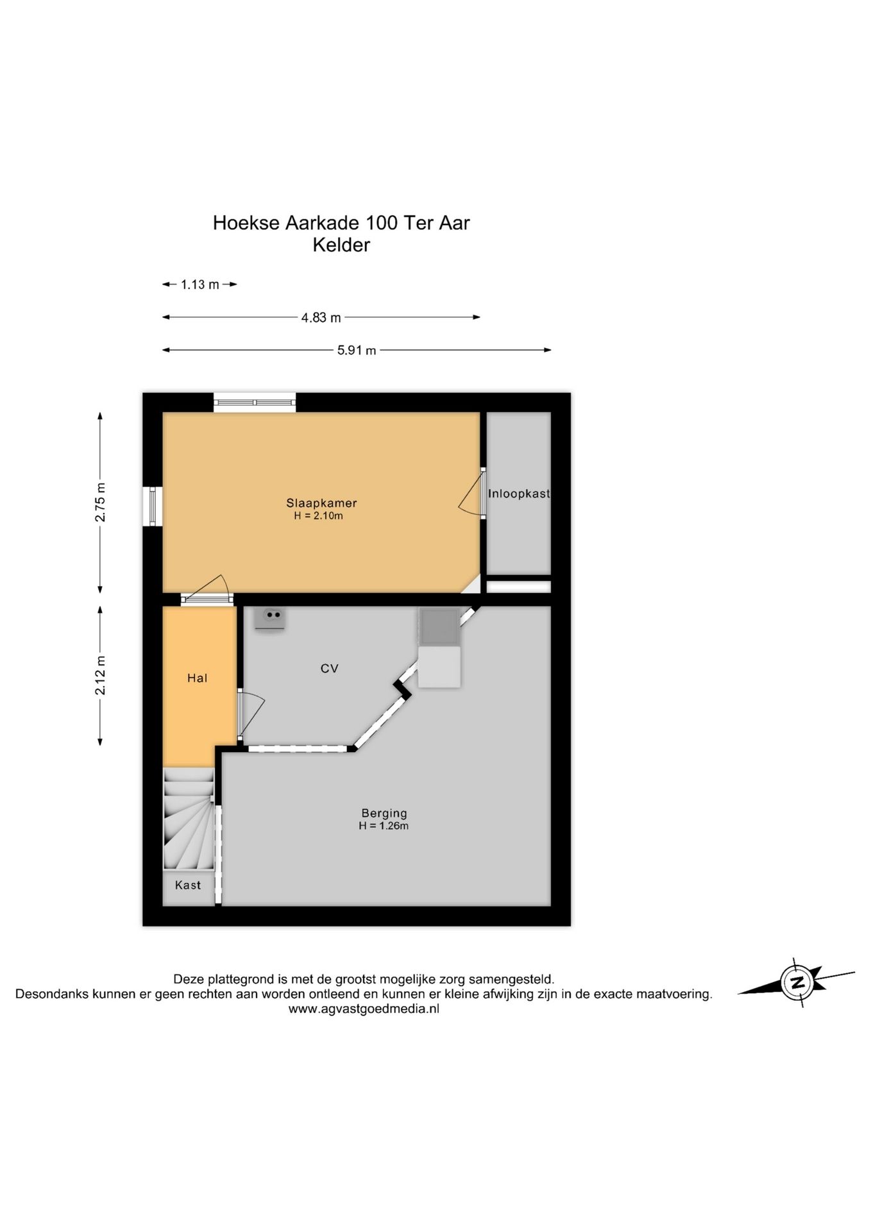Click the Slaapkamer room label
[x=321, y=503]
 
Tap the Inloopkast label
[x=519, y=494]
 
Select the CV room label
[x=329, y=669]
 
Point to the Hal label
[x=197, y=678]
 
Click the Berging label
[x=384, y=814]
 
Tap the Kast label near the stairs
[x=188, y=885]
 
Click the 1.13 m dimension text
[x=199, y=285]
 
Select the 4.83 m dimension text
[x=321, y=317]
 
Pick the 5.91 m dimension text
[x=357, y=350]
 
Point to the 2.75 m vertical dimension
[x=100, y=502]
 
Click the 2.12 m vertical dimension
[x=100, y=675]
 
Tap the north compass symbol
[x=796, y=982]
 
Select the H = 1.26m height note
[x=384, y=826]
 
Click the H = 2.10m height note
[x=319, y=515]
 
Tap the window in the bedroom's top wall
[x=255, y=402]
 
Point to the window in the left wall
[x=153, y=507]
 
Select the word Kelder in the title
[x=341, y=245]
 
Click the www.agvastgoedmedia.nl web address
[x=364, y=1009]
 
